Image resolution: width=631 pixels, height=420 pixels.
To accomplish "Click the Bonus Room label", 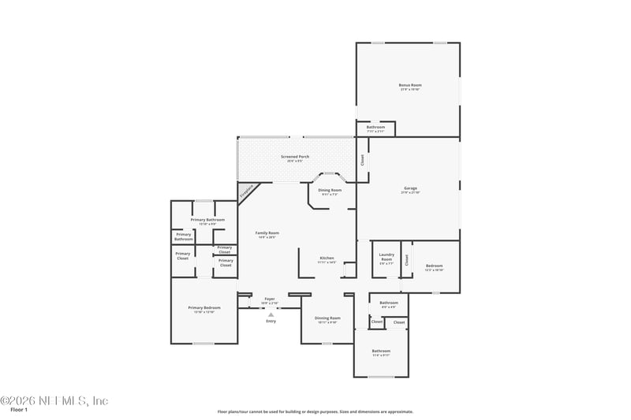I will (410, 85).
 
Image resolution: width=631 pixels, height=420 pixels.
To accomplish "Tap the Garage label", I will (410, 188).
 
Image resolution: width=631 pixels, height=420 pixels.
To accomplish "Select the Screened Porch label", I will (295, 157).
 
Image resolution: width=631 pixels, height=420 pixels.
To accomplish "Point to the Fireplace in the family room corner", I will (247, 191).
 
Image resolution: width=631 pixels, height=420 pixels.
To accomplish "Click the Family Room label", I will (267, 232).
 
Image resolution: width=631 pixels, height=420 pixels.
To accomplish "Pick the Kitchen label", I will (327, 258).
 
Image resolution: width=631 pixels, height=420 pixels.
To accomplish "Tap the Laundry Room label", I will (386, 256).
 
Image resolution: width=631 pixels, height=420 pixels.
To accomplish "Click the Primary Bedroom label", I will (204, 307).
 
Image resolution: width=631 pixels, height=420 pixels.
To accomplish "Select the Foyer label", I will (270, 299).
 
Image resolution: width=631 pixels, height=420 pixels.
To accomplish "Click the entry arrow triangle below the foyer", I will (271, 314).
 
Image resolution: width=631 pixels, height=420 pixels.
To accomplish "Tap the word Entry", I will (271, 322).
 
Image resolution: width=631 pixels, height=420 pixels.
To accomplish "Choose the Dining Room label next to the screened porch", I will (330, 190).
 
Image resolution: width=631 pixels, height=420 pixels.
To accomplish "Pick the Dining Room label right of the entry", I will (327, 318).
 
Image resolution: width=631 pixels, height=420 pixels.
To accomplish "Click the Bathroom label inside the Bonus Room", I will (375, 127).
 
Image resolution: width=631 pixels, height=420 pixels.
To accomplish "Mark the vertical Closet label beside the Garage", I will (363, 159).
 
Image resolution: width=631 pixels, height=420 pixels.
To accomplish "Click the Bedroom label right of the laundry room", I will (435, 266).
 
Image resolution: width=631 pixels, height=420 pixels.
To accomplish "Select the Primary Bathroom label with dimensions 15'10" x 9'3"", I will (209, 220).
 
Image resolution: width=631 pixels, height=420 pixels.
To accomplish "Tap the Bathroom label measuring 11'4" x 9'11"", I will (382, 351).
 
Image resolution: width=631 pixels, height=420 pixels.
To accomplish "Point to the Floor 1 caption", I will (19, 411).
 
